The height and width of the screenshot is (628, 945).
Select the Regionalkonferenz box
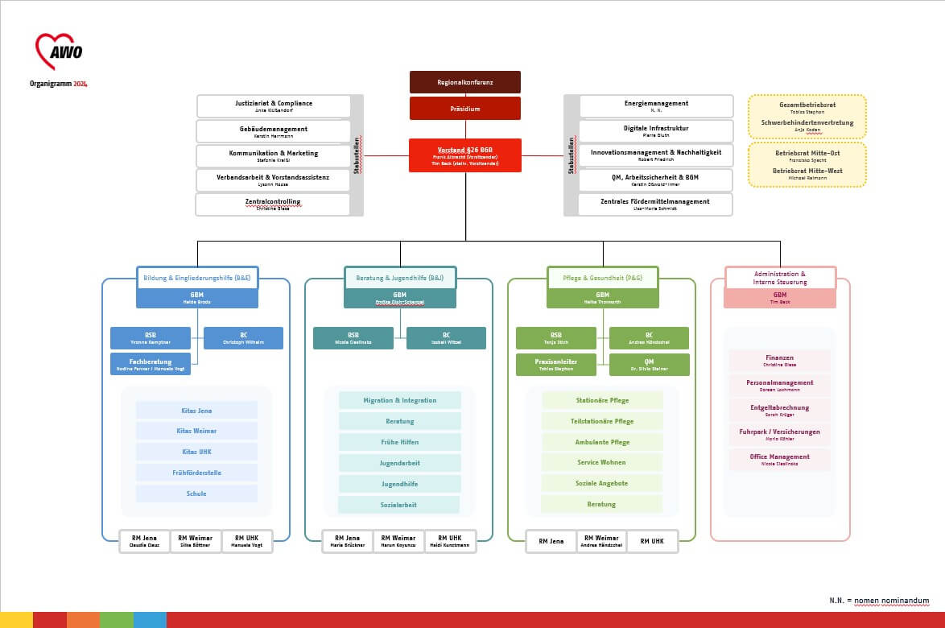[x=465, y=82]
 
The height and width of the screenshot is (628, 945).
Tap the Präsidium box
[x=465, y=109]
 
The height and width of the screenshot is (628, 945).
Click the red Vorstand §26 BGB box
[x=465, y=155]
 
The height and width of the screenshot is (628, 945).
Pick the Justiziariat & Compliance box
[x=274, y=106]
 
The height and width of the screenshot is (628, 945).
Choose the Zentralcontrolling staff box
[x=273, y=205]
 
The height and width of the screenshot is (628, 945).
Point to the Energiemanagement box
[x=656, y=106]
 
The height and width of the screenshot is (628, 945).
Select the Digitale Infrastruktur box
[x=656, y=131]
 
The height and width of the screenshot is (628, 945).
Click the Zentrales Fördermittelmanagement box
[x=656, y=205]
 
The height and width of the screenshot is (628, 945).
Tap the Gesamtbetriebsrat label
[x=807, y=105]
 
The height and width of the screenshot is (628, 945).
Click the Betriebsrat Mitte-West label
[x=807, y=171]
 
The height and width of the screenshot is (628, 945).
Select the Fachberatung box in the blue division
[x=151, y=364]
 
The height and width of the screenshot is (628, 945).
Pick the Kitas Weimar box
[x=196, y=431]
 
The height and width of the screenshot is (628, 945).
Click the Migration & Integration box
[x=400, y=400]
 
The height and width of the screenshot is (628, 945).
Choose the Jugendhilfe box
[x=400, y=484]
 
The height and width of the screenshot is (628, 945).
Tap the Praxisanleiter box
[x=557, y=365]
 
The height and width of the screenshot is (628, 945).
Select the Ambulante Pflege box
[x=602, y=442]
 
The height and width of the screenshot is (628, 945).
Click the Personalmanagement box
[x=779, y=385]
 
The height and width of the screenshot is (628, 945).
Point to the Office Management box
[x=779, y=459]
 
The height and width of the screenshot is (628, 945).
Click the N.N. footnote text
[x=879, y=601]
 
